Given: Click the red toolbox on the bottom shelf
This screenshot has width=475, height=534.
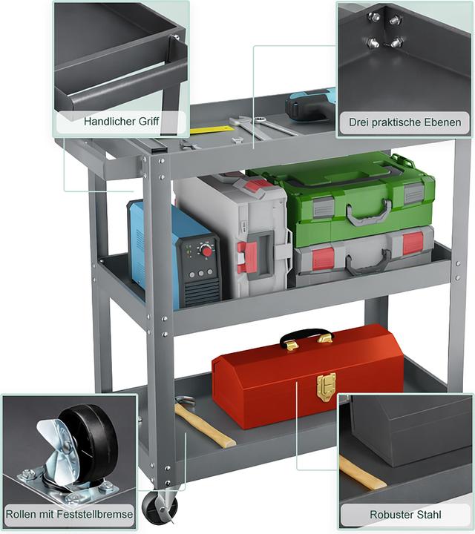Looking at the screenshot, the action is coord(307,378).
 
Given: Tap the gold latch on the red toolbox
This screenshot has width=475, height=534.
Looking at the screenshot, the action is coord(326,387).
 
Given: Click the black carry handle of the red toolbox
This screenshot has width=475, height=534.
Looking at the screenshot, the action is coord(306,334).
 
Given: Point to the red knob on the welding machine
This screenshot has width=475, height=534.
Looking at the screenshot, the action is coord(206,251).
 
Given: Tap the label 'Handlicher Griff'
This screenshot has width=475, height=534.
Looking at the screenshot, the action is coord(121,121).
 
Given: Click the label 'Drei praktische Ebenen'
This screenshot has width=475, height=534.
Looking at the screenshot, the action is coord(404,122).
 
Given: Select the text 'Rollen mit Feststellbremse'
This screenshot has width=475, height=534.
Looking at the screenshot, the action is coord(69,513).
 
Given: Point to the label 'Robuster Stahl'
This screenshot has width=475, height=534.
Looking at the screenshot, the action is coord(405,514).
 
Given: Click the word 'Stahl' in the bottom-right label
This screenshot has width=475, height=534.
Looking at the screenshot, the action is coord(427,514).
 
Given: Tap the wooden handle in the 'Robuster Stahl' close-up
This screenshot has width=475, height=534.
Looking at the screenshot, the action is coord(362,472).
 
